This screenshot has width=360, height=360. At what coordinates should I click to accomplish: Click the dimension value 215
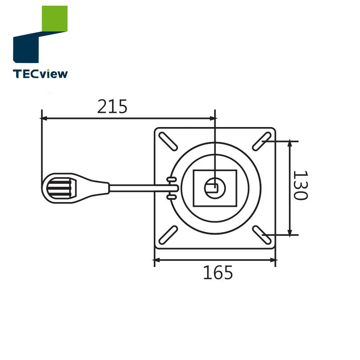(x=112, y=107)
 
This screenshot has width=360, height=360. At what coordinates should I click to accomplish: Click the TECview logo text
(x=40, y=74)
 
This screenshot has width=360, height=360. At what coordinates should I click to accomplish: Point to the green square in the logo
(x=55, y=19)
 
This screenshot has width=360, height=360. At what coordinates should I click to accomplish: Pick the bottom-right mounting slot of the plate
(x=261, y=235)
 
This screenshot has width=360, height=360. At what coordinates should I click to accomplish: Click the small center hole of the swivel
(x=215, y=187)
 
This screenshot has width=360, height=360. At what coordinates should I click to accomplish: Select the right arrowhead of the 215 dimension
(x=212, y=118)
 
